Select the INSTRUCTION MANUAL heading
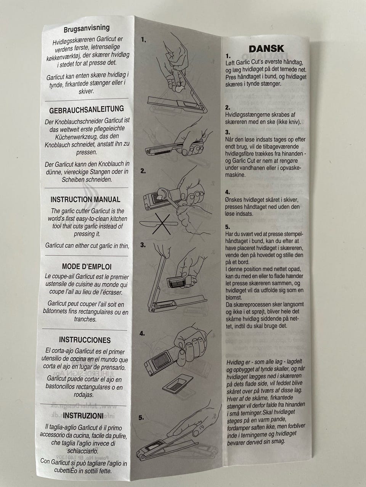click(85, 199)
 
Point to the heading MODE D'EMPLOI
click(87, 266)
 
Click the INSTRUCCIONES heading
click(85, 340)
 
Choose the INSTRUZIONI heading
click(83, 415)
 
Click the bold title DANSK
click(266, 49)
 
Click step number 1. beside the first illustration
click(144, 40)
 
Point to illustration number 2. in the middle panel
click(143, 171)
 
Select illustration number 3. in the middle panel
click(143, 245)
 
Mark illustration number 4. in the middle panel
click(142, 333)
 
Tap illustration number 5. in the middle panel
click(141, 417)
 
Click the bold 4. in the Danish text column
click(228, 192)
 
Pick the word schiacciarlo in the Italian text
click(83, 451)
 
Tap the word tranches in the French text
click(85, 319)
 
